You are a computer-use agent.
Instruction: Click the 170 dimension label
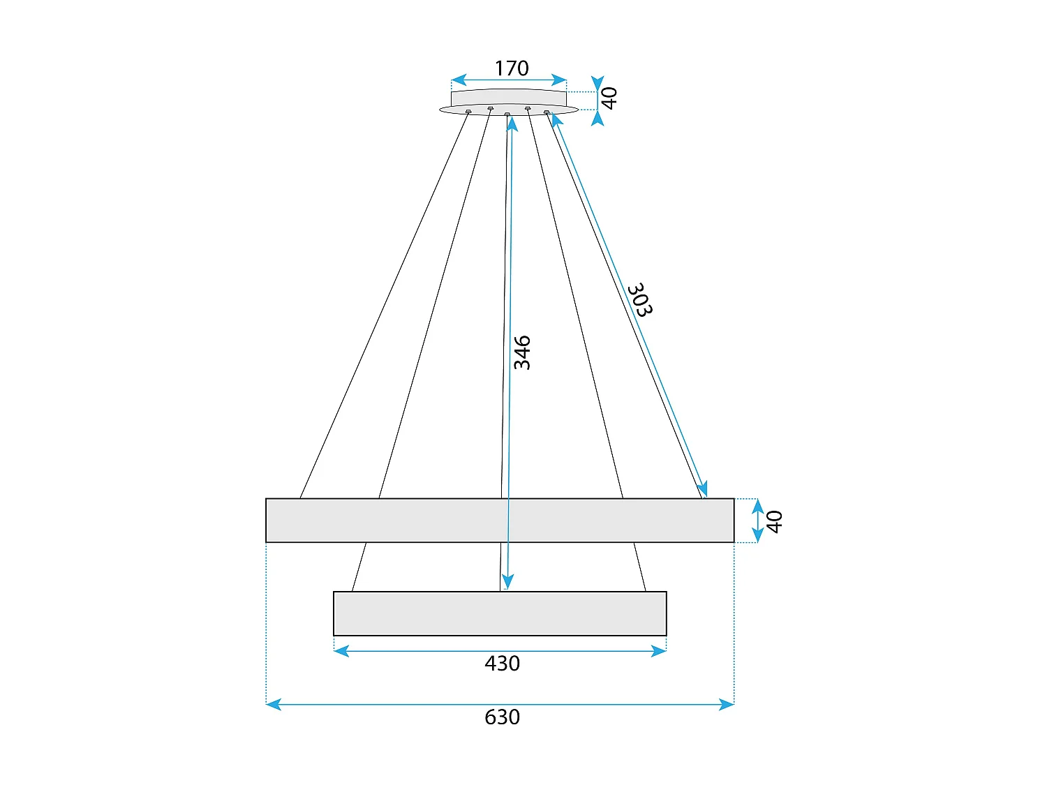[x=512, y=68]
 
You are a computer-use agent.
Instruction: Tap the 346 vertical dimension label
[x=522, y=352]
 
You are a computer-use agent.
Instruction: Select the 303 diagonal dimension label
[x=639, y=300]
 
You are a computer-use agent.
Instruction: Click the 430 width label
[x=502, y=664]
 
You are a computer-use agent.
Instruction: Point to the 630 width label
[x=502, y=717]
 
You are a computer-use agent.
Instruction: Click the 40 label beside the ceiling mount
[x=609, y=98]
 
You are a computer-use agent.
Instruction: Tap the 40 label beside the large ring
[x=774, y=521]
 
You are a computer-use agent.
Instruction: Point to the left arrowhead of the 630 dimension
[x=273, y=705]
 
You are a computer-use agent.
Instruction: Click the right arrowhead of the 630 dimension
[x=727, y=705]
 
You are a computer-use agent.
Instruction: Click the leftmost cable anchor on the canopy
[x=468, y=112]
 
